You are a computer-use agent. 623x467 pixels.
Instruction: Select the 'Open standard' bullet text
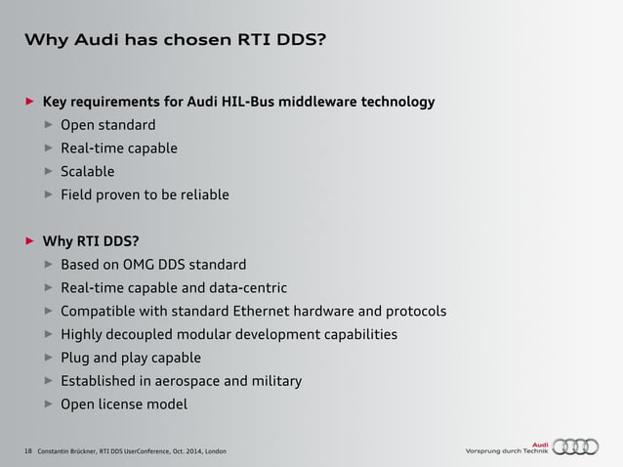[107, 125]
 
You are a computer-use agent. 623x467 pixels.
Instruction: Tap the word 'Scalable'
[87, 171]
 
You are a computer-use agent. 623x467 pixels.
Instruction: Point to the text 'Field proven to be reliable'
[145, 194]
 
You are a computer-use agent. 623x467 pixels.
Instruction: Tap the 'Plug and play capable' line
[131, 358]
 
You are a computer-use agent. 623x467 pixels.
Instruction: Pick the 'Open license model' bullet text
[123, 404]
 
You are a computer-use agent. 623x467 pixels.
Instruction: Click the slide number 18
[25, 450]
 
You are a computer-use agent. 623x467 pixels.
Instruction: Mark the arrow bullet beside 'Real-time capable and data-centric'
[49, 288]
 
